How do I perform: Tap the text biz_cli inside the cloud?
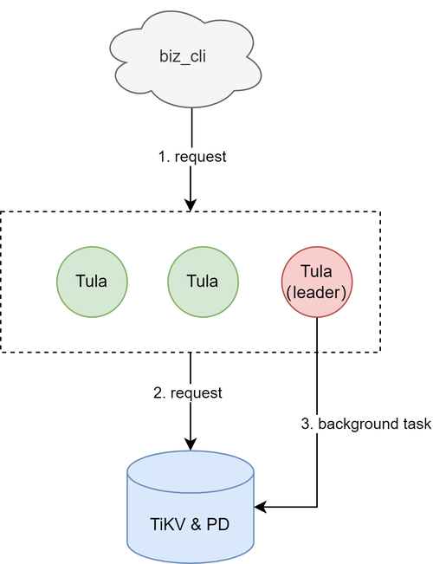tap(183, 56)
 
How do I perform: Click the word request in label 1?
tap(200, 157)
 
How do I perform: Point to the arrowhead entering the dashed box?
tap(191, 204)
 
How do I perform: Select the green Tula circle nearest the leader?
tap(203, 282)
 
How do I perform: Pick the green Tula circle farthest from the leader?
tap(92, 282)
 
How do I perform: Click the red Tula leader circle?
tap(317, 282)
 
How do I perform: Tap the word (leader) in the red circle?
tap(316, 293)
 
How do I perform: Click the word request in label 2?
tap(197, 393)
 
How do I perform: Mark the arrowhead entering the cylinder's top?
tap(191, 444)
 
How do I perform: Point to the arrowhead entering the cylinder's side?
tap(261, 507)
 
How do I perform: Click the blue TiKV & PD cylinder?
tap(191, 507)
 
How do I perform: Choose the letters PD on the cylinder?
tap(218, 524)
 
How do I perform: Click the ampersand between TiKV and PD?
tap(195, 524)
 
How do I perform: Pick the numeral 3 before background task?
tap(307, 424)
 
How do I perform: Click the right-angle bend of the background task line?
tap(317, 507)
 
